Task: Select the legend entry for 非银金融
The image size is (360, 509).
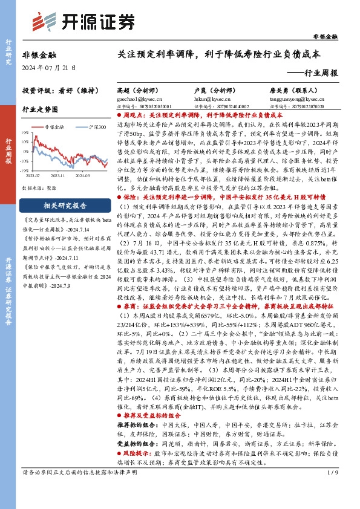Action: coord(54,128)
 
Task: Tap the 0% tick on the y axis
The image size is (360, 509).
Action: coord(25,151)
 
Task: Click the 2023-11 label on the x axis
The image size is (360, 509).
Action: coord(59,175)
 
